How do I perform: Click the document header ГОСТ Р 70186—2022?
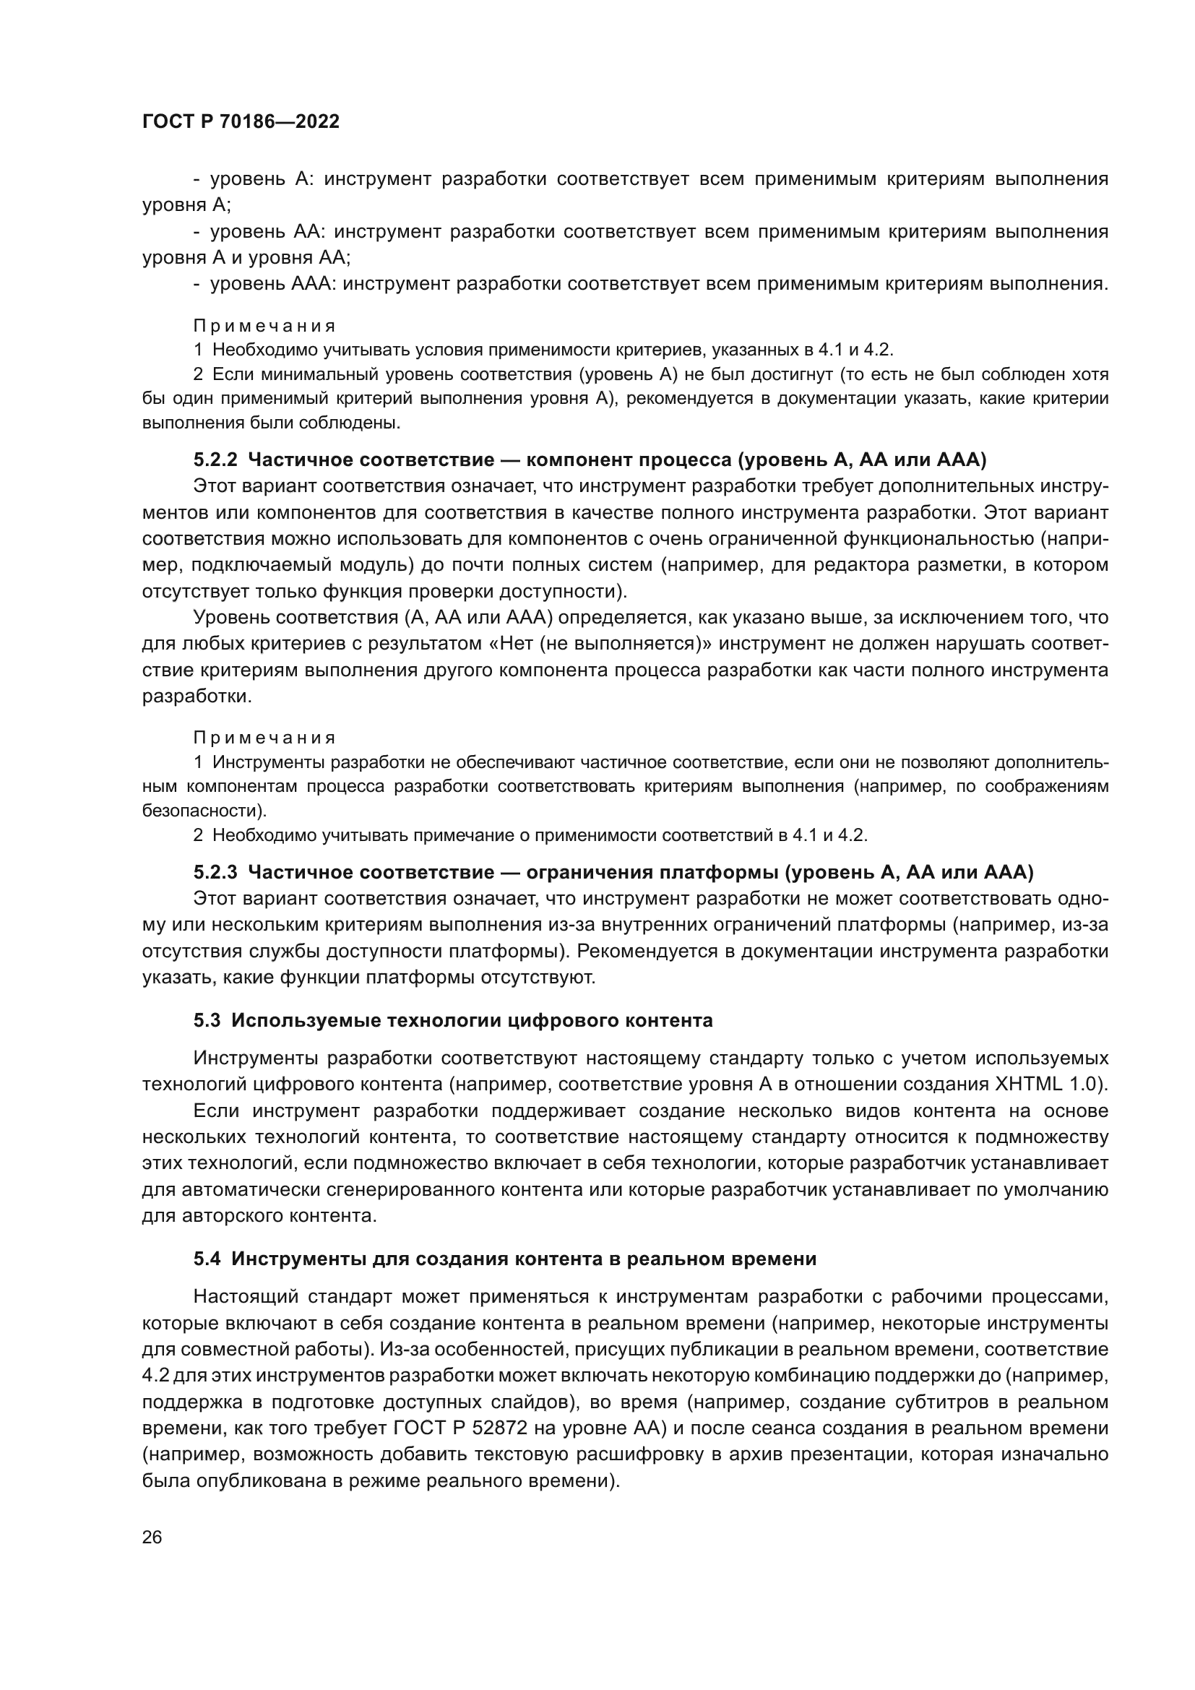tap(241, 122)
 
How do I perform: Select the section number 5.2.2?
tap(215, 460)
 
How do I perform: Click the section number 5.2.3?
tap(215, 872)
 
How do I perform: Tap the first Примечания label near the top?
tap(264, 325)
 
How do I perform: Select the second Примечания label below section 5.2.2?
tap(264, 738)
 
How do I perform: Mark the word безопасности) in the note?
tap(204, 811)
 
